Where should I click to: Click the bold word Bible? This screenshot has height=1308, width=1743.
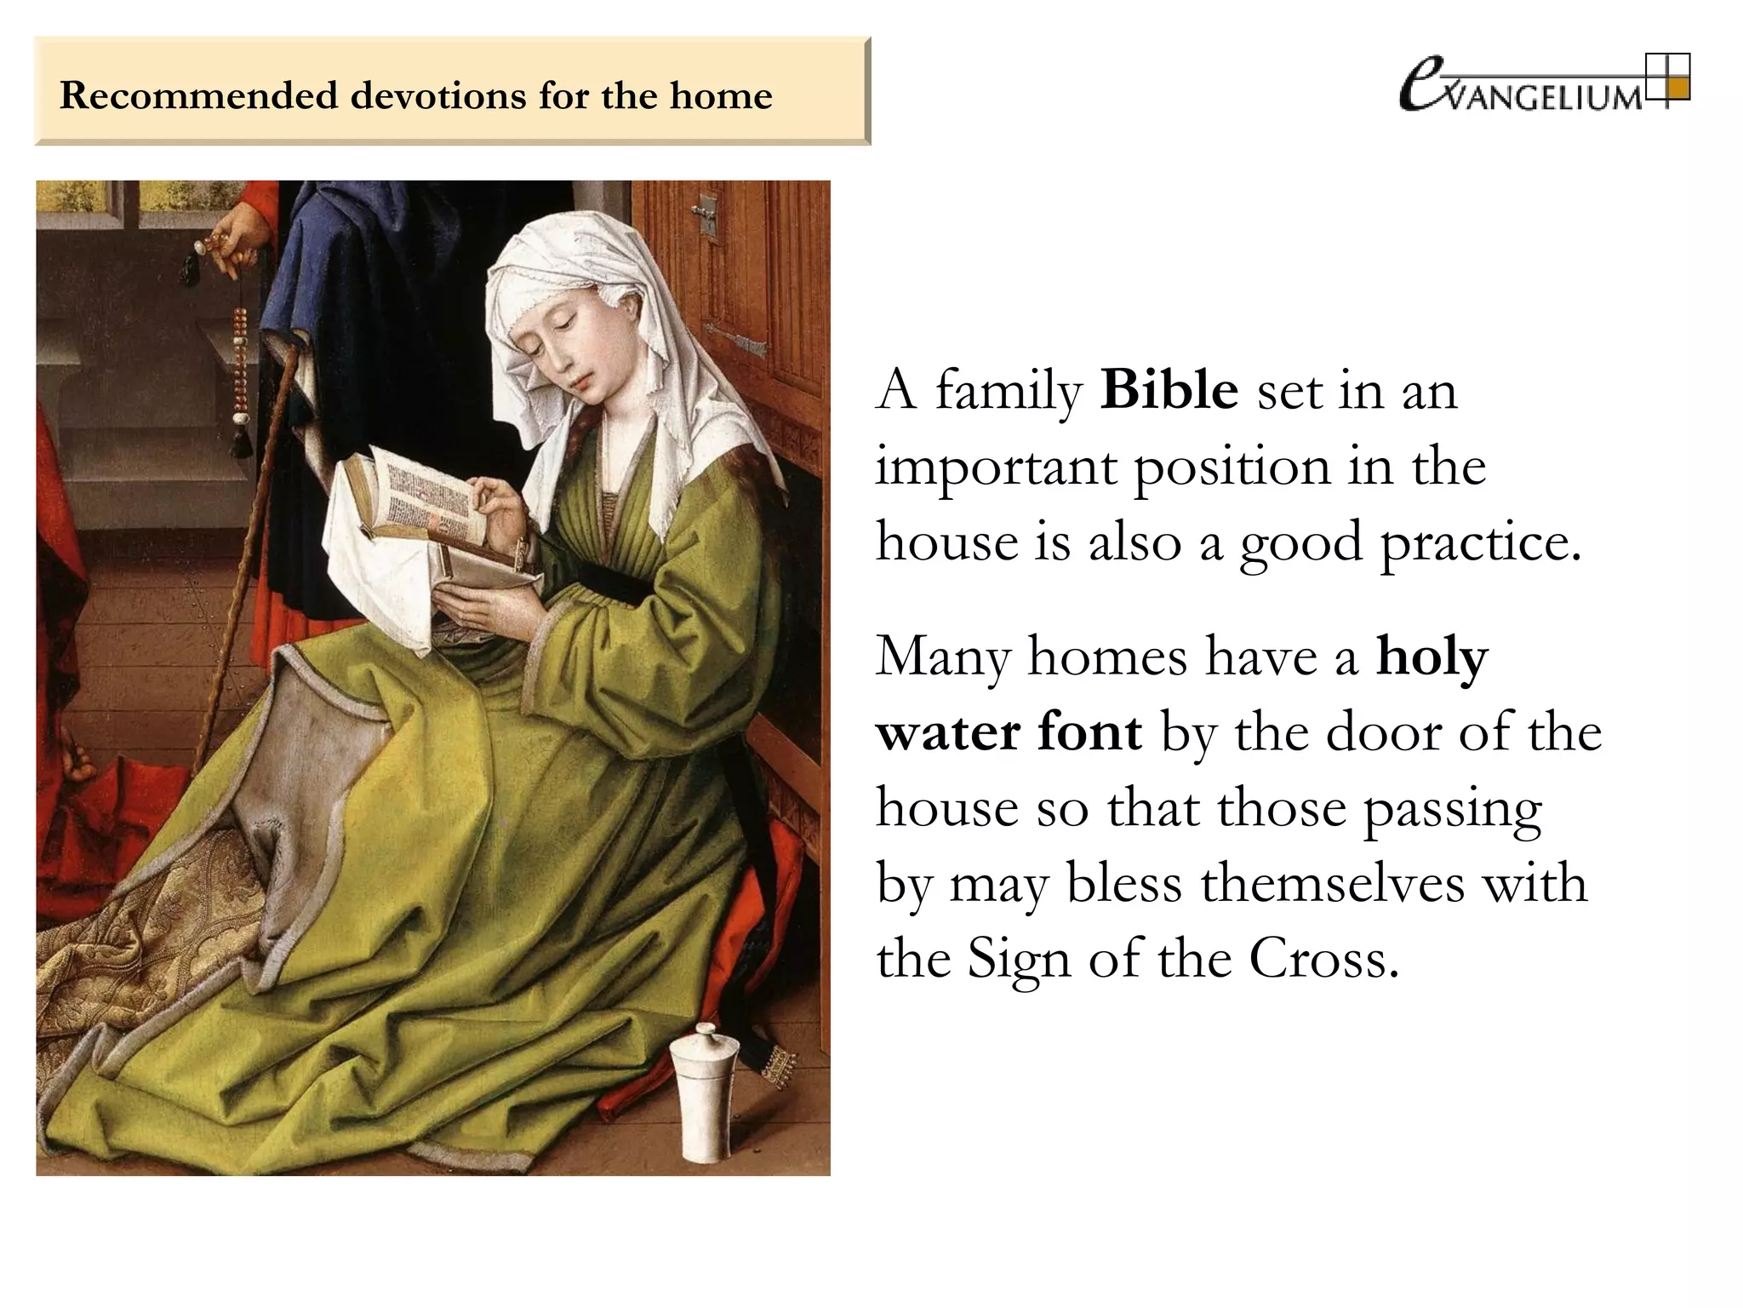coord(1169,391)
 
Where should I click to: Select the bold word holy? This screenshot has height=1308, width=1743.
coord(1432,657)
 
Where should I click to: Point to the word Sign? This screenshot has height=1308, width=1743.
coord(1018,960)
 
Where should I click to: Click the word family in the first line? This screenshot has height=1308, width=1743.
coord(1009,393)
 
